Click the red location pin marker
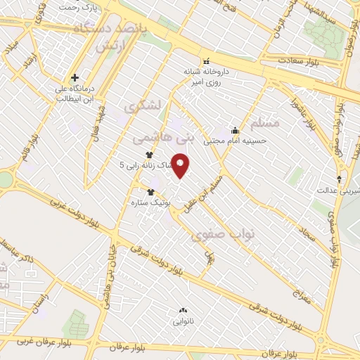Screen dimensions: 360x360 [182, 166]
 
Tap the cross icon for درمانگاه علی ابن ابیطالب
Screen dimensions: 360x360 [74, 77]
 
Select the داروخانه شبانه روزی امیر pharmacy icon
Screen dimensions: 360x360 [206, 60]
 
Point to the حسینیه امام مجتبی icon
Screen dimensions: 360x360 [235, 130]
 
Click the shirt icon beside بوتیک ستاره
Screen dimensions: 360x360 [150, 191]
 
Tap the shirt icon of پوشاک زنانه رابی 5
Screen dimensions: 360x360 [149, 155]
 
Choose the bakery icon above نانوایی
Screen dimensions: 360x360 [184, 309]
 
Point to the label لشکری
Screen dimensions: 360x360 [142, 107]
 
